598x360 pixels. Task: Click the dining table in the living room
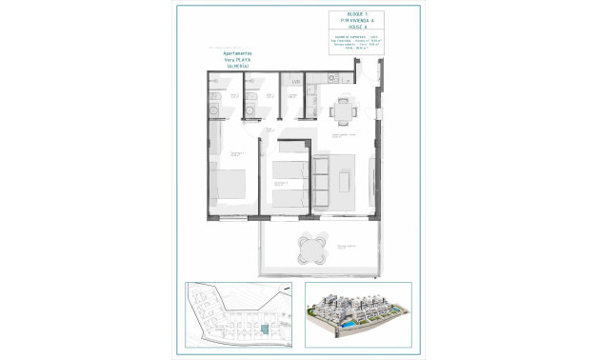pos(341,111)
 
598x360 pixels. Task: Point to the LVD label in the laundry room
pos(296,83)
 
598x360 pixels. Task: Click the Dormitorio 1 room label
pos(234,152)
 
